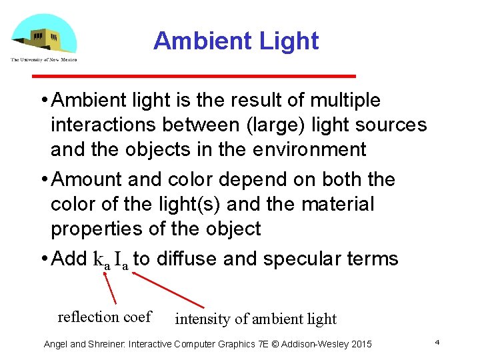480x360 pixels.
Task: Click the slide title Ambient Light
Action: [236, 41]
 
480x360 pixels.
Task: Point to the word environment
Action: [309, 149]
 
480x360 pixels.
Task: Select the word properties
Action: [99, 229]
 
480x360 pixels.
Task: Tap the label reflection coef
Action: [105, 317]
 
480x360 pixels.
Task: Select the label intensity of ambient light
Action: [255, 319]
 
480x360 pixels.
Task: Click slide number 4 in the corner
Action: [437, 341]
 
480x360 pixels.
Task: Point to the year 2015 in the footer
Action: [361, 344]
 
